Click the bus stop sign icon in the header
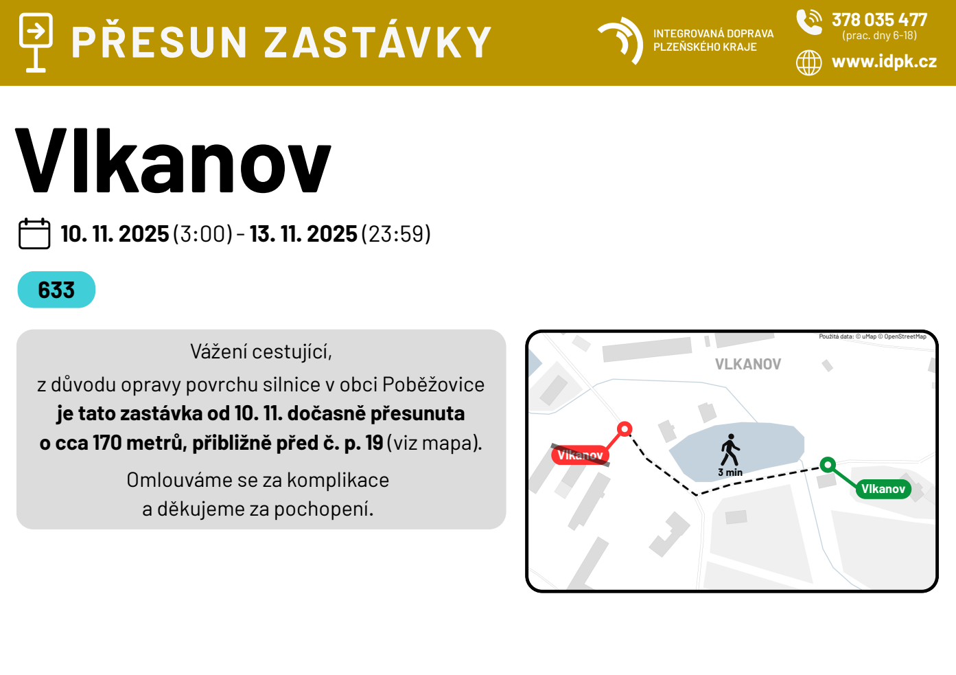(36, 43)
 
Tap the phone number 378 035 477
(879, 20)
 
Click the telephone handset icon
(809, 22)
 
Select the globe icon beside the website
(808, 62)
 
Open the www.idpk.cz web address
(884, 62)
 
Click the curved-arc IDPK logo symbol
(620, 41)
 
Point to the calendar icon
(34, 233)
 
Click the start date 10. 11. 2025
(115, 234)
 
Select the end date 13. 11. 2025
(303, 234)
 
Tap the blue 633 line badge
(56, 290)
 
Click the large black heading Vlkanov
(173, 161)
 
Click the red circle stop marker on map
(625, 428)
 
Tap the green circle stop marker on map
(828, 464)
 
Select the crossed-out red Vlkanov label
(580, 455)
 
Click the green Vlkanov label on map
(883, 489)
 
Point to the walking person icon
(730, 450)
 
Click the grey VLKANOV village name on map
(748, 364)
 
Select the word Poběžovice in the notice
(433, 385)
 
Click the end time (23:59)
(396, 234)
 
